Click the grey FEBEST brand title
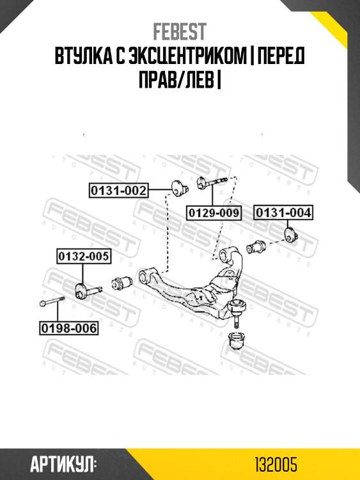tap(180, 32)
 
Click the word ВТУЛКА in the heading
tap(82, 56)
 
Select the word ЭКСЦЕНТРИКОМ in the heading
tap(187, 56)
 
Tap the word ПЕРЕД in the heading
tap(281, 56)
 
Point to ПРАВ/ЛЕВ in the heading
tap(176, 79)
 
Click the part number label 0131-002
tap(118, 191)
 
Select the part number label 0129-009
tap(214, 212)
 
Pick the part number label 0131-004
tap(283, 212)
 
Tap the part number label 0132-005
tap(84, 256)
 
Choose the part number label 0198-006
tap(69, 328)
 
